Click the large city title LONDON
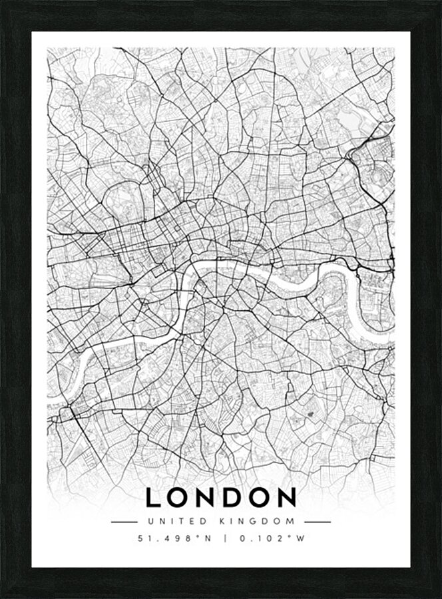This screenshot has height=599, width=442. point(221,497)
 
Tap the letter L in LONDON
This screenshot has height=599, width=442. point(153,497)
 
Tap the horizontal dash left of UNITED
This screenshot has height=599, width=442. point(124,521)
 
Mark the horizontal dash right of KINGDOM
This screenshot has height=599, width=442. point(318,521)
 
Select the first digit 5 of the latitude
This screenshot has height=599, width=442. point(140,539)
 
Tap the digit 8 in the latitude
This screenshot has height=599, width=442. point(188,539)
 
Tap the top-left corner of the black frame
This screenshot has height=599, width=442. point(3,3)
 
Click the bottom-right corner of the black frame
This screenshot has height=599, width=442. point(439,596)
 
